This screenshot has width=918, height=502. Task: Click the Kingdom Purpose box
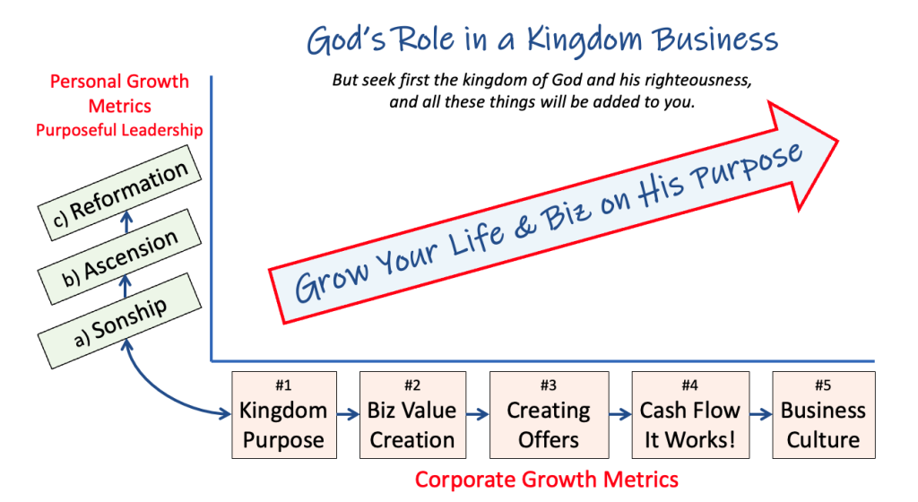point(284,415)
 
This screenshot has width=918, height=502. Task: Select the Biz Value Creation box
point(412,415)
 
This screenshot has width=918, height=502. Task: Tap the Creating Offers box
point(550,415)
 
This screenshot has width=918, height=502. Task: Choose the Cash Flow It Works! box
point(690,415)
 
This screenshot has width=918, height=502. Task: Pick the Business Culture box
point(824,415)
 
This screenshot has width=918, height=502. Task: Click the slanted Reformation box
point(119,193)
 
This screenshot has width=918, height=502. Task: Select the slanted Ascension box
point(119,257)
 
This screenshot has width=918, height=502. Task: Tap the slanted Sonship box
point(119,321)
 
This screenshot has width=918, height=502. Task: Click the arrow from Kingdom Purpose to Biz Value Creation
point(349,414)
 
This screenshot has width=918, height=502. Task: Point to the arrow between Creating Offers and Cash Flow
point(620,414)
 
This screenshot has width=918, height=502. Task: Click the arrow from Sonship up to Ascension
point(125,286)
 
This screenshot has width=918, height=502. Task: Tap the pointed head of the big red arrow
point(838,141)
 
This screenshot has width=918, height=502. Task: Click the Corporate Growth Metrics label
point(547,480)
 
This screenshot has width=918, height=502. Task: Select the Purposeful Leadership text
point(119,130)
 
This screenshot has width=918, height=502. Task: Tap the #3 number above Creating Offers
point(549,385)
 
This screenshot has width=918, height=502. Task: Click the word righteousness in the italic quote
point(693,80)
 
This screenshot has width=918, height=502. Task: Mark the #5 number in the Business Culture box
point(823,385)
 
